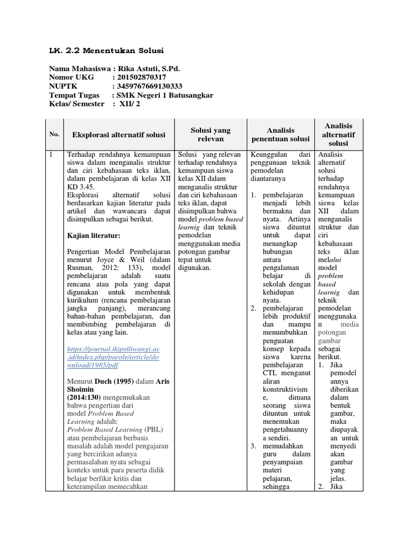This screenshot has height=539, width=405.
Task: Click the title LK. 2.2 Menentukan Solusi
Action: point(106,51)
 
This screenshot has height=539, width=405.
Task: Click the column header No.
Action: point(54,135)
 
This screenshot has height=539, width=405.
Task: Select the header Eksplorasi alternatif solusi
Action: point(119,135)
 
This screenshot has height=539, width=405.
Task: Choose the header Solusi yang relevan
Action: point(210,134)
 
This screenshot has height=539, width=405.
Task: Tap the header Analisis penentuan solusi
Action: point(280,134)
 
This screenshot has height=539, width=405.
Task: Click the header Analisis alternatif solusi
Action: point(339,134)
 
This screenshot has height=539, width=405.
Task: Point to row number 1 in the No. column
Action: point(51,155)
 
